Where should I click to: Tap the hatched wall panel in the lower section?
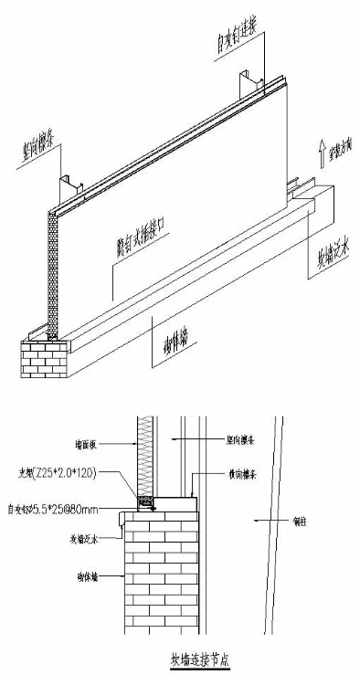147,457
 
